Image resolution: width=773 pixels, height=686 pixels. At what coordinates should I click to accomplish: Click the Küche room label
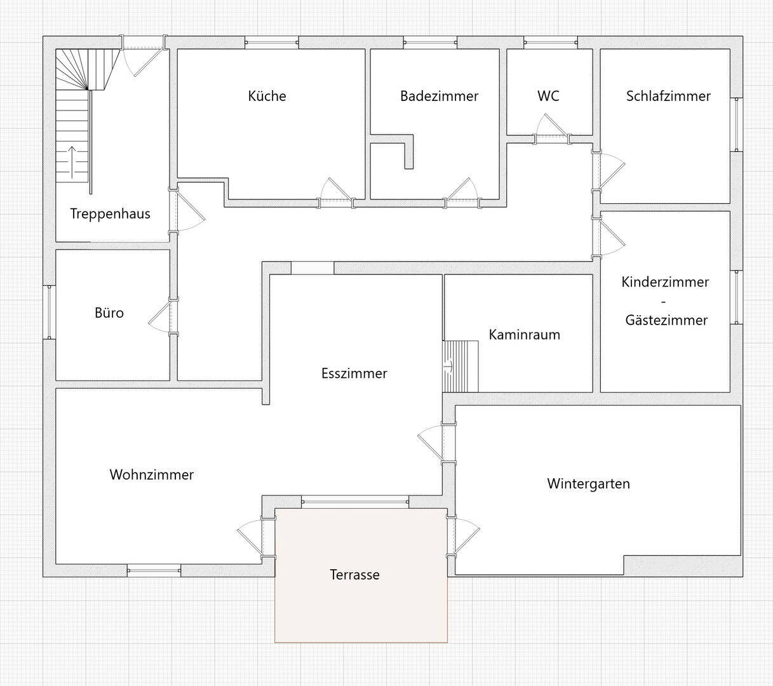coord(267,96)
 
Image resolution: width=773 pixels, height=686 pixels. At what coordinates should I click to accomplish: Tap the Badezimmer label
coord(439,96)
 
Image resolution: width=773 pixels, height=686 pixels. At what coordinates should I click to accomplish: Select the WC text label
coord(548,96)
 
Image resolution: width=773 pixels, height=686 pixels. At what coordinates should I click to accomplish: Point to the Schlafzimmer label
coord(668,96)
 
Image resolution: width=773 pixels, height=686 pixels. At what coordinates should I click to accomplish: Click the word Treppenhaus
coord(111,213)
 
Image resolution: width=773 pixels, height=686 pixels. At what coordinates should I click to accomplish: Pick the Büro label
coord(109,313)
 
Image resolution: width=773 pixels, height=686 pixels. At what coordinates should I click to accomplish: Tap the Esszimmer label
coord(354,373)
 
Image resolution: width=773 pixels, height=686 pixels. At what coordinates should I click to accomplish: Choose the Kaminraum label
coord(524,335)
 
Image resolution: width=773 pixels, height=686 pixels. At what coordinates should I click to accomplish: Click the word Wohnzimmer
coord(151,474)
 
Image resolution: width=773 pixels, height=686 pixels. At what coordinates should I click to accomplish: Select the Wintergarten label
coord(588,483)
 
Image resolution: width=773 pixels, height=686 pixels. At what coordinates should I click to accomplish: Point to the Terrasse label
coord(355,575)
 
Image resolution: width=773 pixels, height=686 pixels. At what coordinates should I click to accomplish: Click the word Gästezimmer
coord(666,319)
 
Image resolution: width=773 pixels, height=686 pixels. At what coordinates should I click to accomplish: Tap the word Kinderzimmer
coord(665,282)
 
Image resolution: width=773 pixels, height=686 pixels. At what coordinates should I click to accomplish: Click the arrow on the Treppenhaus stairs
coord(72,162)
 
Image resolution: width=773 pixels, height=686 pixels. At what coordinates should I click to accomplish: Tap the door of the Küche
coord(336,192)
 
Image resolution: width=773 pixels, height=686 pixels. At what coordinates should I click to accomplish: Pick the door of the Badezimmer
coord(462,192)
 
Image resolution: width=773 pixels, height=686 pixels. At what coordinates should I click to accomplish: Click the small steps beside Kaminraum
coord(460,367)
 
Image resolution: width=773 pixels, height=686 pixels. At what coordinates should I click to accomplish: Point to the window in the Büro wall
coord(49,312)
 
